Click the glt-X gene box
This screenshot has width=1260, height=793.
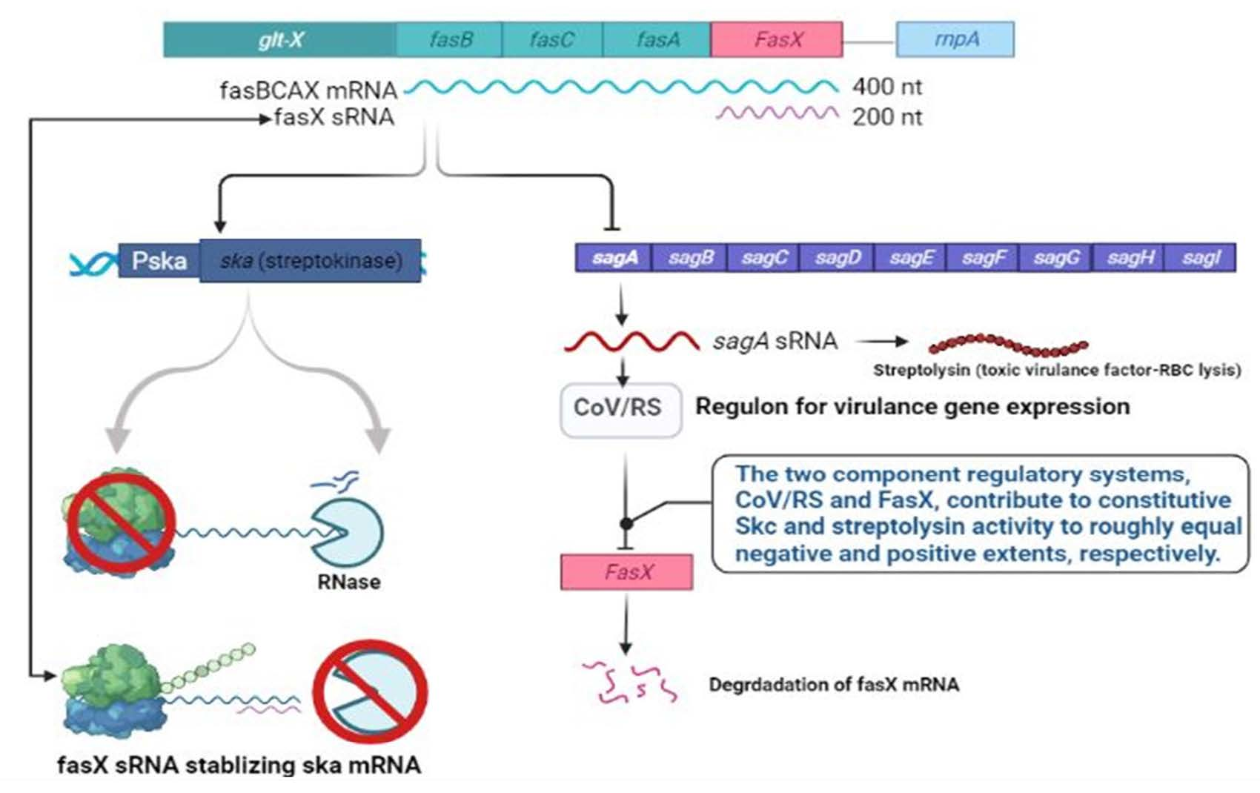279,39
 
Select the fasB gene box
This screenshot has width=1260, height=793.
449,39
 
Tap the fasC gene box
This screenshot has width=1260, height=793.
552,39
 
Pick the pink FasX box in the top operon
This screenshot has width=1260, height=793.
777,39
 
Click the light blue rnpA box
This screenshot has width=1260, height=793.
955,39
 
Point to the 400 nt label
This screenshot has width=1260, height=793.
887,87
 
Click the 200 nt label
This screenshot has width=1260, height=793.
887,118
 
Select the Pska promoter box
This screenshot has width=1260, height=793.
159,260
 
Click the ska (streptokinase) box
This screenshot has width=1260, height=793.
311,261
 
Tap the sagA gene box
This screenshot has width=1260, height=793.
614,258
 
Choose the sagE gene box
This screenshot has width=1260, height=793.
911,258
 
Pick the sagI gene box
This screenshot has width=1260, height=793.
1200,258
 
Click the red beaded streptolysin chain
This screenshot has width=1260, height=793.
1008,345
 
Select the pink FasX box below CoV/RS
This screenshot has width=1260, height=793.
626,572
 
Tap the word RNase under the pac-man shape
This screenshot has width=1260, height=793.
349,582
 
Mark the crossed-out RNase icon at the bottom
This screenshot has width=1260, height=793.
370,691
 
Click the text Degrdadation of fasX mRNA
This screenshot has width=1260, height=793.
834,685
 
